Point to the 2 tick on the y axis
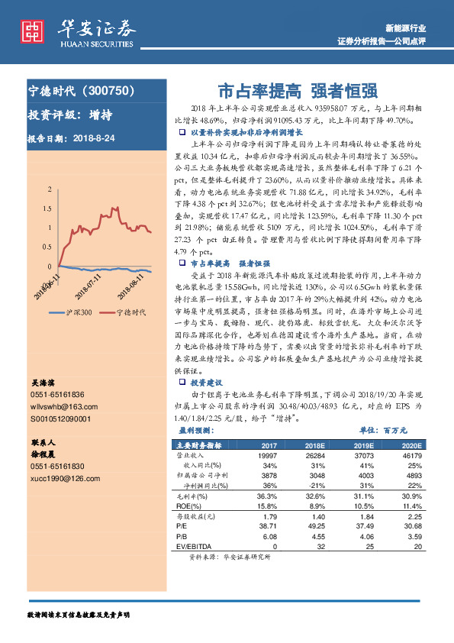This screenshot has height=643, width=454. [x=50, y=187]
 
